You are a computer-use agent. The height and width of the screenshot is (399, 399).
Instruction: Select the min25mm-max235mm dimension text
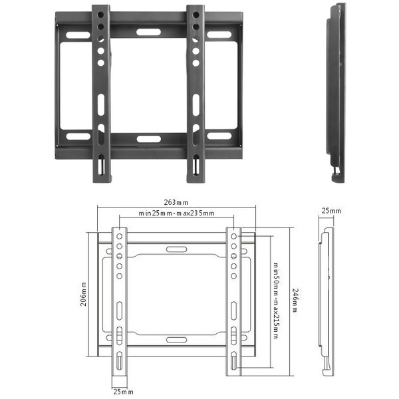tap(176, 213)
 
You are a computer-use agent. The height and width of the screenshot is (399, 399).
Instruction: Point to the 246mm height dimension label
tap(295, 299)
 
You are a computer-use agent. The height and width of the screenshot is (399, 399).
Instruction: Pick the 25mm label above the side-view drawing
tap(331, 211)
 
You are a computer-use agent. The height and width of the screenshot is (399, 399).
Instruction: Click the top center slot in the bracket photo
tap(147, 31)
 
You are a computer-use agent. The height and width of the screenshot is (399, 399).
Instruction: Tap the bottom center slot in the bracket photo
tap(147, 139)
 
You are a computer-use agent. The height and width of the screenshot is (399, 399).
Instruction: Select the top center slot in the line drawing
tap(176, 249)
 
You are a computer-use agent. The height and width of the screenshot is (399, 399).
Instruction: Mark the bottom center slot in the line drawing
tap(176, 339)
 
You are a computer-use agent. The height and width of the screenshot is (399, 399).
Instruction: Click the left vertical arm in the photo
tap(100, 93)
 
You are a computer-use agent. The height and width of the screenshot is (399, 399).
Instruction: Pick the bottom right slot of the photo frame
tap(219, 136)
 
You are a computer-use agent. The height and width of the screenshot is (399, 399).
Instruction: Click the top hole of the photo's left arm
tap(101, 14)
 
